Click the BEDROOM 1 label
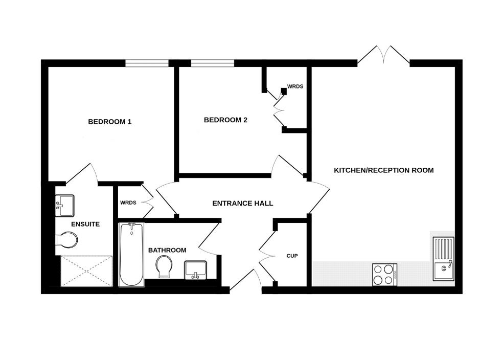(110, 122)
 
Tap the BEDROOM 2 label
(225, 120)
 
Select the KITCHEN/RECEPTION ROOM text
(383, 170)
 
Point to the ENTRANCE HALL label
(242, 203)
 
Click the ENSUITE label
(85, 224)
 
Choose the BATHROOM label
(167, 250)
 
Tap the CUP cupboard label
(292, 256)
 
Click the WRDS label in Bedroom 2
(295, 86)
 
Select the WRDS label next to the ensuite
(128, 202)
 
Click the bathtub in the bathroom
(131, 254)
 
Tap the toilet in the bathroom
(164, 266)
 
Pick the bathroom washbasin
(195, 269)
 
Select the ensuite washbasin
(65, 205)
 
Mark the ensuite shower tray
(85, 271)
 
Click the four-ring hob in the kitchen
(384, 274)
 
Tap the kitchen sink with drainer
(443, 259)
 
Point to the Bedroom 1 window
(147, 63)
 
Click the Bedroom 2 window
(213, 63)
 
